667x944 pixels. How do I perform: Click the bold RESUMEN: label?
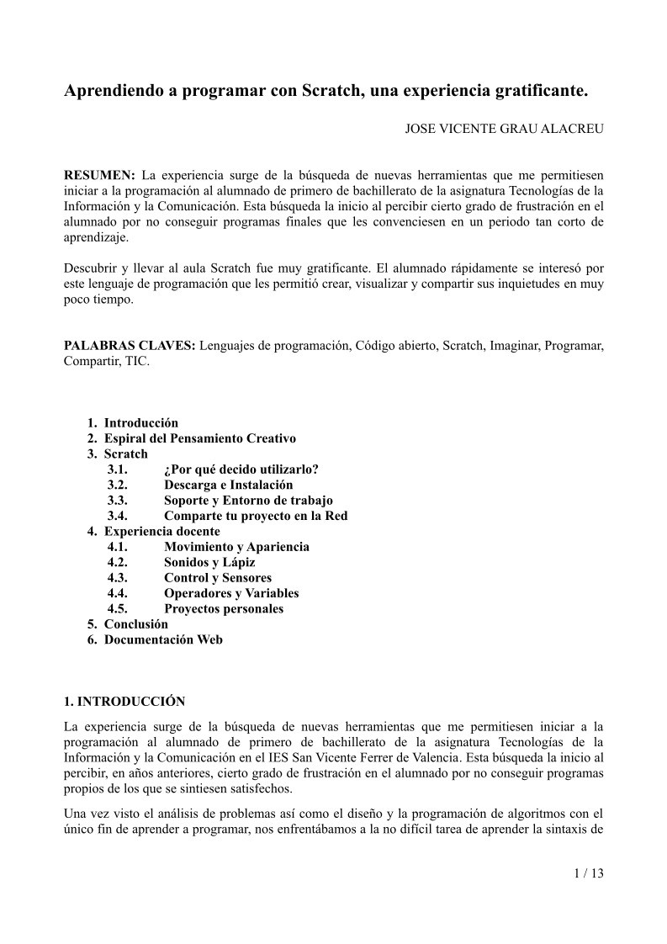coord(99,175)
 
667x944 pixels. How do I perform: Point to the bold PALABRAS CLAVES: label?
coord(130,346)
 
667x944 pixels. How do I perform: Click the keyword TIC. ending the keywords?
coord(137,362)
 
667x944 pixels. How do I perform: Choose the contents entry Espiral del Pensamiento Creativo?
coord(199,438)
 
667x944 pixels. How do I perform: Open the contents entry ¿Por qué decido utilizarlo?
coord(241,469)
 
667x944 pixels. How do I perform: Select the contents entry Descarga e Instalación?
coord(228,485)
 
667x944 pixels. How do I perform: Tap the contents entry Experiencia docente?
coord(161,531)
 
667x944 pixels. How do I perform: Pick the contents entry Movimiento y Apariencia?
coord(236,547)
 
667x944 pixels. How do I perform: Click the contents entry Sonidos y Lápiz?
coord(209,562)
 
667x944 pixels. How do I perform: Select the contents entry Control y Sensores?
coord(218,577)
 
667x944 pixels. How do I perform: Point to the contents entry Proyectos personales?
coord(224,608)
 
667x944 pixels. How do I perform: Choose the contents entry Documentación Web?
coord(163,639)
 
